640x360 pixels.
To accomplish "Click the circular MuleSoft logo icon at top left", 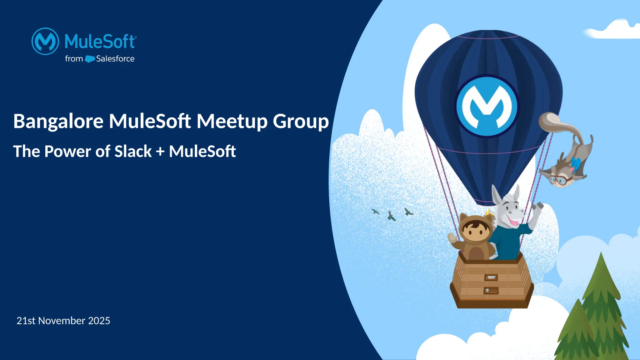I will (45, 41).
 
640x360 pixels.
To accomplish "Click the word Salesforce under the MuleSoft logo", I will (115, 59).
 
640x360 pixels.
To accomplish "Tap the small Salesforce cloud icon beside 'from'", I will (90, 59).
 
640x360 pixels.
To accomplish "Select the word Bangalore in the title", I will (58, 121).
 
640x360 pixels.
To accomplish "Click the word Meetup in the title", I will (232, 121).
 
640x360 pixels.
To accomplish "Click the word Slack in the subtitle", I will (133, 152).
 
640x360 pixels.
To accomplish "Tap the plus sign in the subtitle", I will (160, 152).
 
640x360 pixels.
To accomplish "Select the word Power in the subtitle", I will (68, 152).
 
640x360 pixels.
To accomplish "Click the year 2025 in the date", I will (99, 321).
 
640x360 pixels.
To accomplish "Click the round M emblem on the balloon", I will (487, 106).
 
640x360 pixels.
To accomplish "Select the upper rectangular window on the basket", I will (491, 277).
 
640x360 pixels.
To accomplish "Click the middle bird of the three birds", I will (391, 216).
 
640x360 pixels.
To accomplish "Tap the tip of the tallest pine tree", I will (600, 255).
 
